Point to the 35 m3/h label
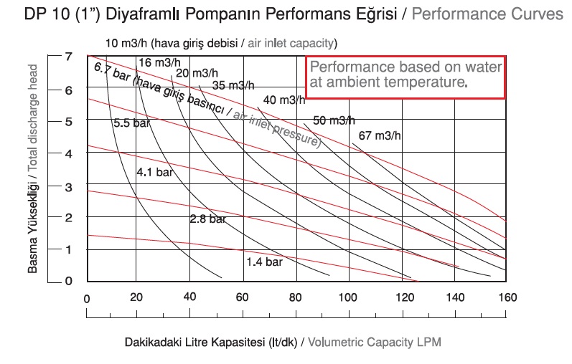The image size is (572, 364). [x=233, y=85]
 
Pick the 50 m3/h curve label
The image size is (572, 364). [x=334, y=120]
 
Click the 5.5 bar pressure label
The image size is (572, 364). [x=131, y=123]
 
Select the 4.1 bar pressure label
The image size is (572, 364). [x=155, y=172]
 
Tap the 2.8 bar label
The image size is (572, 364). [x=207, y=219]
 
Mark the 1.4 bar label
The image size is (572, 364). [x=264, y=262]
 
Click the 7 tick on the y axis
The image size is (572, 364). [x=68, y=56]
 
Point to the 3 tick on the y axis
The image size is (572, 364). [x=68, y=186]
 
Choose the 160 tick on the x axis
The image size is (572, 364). [x=507, y=298]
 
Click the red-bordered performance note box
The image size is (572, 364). [x=406, y=77]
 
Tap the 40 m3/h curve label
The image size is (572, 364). [x=283, y=100]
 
